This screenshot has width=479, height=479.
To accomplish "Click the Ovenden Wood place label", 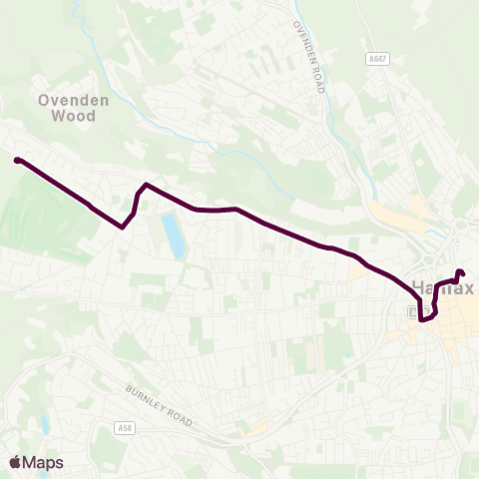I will pos(68,108).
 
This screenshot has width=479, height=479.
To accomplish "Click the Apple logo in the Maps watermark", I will pos(15,462).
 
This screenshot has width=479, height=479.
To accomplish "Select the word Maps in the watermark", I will pos(43,462).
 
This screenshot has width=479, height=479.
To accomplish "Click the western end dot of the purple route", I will pos(17,160).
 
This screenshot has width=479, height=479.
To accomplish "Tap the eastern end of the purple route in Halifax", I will pos(460,272).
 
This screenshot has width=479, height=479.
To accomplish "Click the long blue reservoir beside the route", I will pos(174,236).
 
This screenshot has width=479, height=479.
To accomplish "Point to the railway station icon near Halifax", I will pos(412,311).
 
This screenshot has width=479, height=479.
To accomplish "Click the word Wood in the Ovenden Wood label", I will pos(76,116).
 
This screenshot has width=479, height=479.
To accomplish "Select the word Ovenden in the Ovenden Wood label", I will pos(68,100).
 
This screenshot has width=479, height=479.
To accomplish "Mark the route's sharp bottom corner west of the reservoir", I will pos(122,227).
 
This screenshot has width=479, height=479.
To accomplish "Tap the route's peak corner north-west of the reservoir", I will pos(146,185).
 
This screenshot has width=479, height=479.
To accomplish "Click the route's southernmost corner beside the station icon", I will pos(423,319).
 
